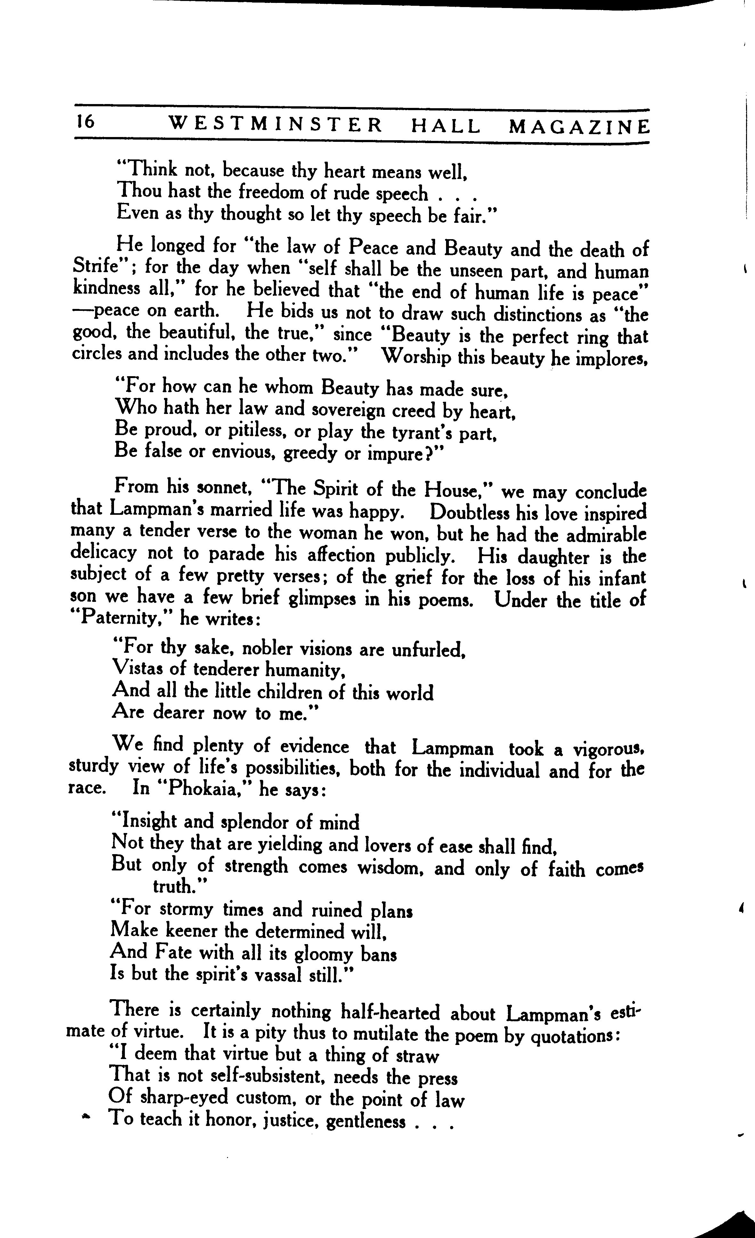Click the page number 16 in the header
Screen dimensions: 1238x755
[x=85, y=122]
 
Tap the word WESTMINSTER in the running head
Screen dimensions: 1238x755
[x=275, y=125]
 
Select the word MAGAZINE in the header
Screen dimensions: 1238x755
[x=579, y=126]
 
